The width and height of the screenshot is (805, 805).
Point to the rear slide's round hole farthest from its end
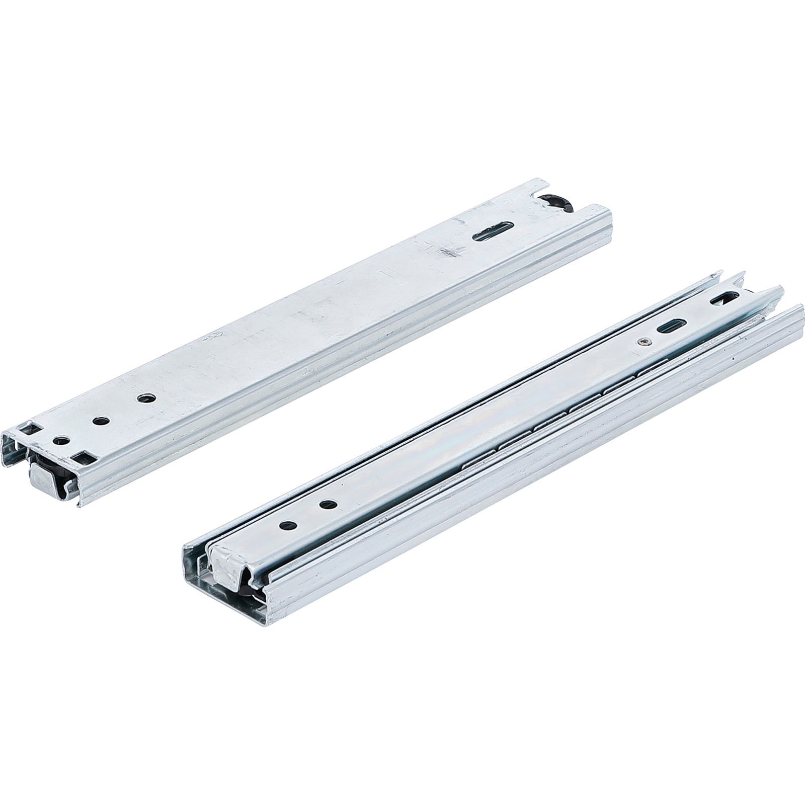click(x=144, y=397)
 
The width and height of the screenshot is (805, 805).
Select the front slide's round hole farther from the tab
click(x=328, y=504)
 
